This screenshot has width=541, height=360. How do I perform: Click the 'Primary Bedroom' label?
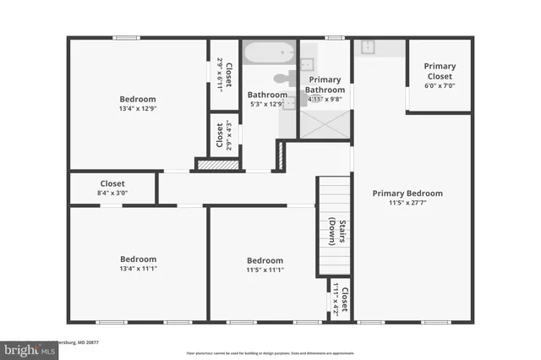coord(407,194)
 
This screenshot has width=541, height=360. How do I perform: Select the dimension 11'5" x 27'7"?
coord(407,204)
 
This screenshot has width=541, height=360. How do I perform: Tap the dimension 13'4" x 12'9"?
coord(138,107)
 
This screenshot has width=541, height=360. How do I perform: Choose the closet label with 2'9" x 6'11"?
coord(223,74)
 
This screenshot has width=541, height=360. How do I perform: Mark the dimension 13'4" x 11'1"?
coord(138,269)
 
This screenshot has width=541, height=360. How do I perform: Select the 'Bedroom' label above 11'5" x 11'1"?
coord(265,260)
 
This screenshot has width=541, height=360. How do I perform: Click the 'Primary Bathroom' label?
coord(325,85)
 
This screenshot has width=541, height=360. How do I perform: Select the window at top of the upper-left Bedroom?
coord(127,36)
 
